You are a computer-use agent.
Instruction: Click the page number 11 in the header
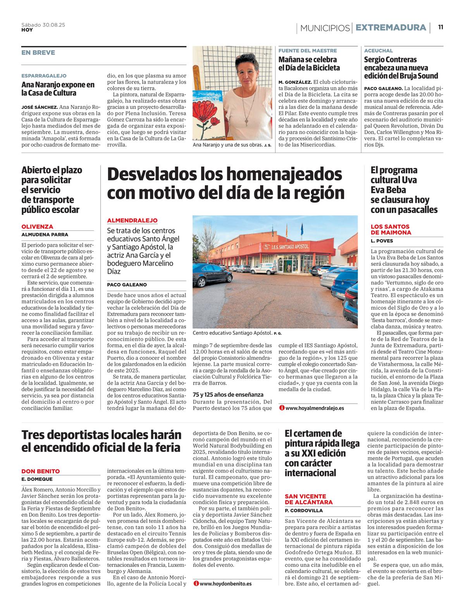point(441,27)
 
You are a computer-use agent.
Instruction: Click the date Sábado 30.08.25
point(43,25)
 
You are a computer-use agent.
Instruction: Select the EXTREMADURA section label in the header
point(391,27)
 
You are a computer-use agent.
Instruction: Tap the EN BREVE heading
point(38,53)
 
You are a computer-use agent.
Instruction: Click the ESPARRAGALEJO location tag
point(44,76)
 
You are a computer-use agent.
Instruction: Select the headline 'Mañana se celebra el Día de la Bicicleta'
point(309,64)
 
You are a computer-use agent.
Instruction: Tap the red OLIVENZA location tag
point(37,227)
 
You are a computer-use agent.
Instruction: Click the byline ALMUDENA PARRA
point(45,234)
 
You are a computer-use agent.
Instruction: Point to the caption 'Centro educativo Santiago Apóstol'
point(232,333)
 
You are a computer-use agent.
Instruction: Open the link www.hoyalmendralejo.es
point(314,408)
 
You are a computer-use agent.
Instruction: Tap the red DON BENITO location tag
point(40,471)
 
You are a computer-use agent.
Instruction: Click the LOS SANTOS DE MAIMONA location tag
point(390,229)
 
